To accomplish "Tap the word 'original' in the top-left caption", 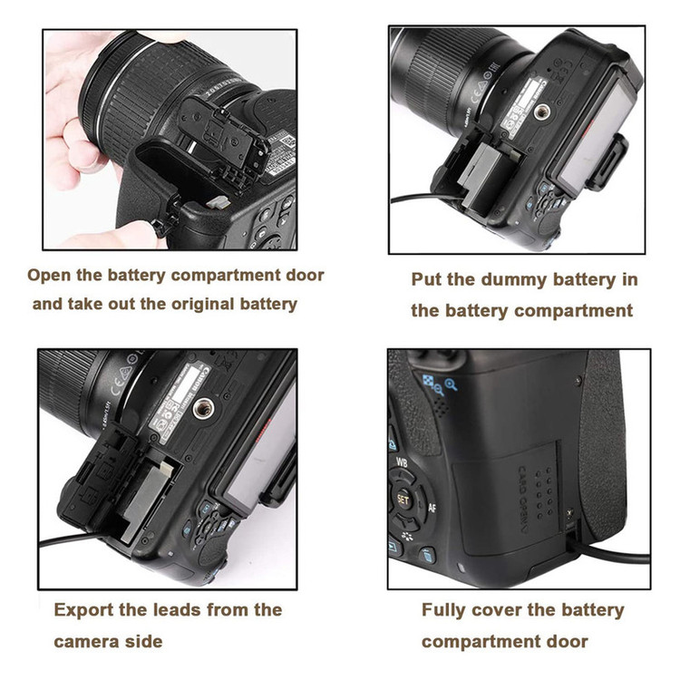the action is coord(203,304).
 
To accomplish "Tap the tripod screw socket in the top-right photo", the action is coord(541,112).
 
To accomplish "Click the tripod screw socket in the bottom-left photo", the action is coord(202,408).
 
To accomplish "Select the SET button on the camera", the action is coord(403,500).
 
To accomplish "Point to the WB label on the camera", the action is coord(402,462).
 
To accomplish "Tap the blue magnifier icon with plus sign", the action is coord(451,384).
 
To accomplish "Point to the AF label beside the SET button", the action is coord(432,508).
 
